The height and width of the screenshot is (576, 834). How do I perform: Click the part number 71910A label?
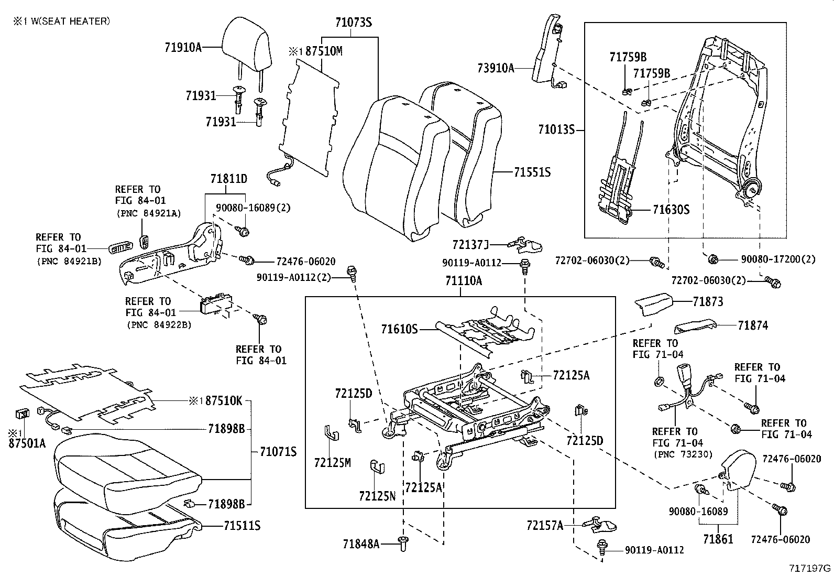[183, 47]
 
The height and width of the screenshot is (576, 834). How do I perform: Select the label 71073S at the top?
[353, 23]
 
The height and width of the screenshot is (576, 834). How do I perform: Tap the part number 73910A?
[496, 68]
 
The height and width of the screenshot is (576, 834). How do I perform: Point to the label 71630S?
[671, 210]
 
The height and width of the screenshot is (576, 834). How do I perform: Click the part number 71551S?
[532, 172]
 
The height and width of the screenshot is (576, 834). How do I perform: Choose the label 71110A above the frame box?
[464, 281]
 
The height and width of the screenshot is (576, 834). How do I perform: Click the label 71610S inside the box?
[400, 329]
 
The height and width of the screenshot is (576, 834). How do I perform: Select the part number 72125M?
[332, 462]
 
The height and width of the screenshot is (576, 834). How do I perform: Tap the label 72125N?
[377, 495]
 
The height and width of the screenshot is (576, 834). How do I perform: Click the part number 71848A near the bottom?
[361, 544]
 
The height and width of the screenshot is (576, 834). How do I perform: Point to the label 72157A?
[545, 525]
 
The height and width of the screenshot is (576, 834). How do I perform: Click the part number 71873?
[708, 301]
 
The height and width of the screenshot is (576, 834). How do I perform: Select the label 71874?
[753, 325]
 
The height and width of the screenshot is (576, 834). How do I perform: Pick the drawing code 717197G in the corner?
[810, 568]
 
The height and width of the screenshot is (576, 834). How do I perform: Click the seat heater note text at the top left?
[62, 21]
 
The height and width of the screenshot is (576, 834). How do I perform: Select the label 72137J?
[470, 245]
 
